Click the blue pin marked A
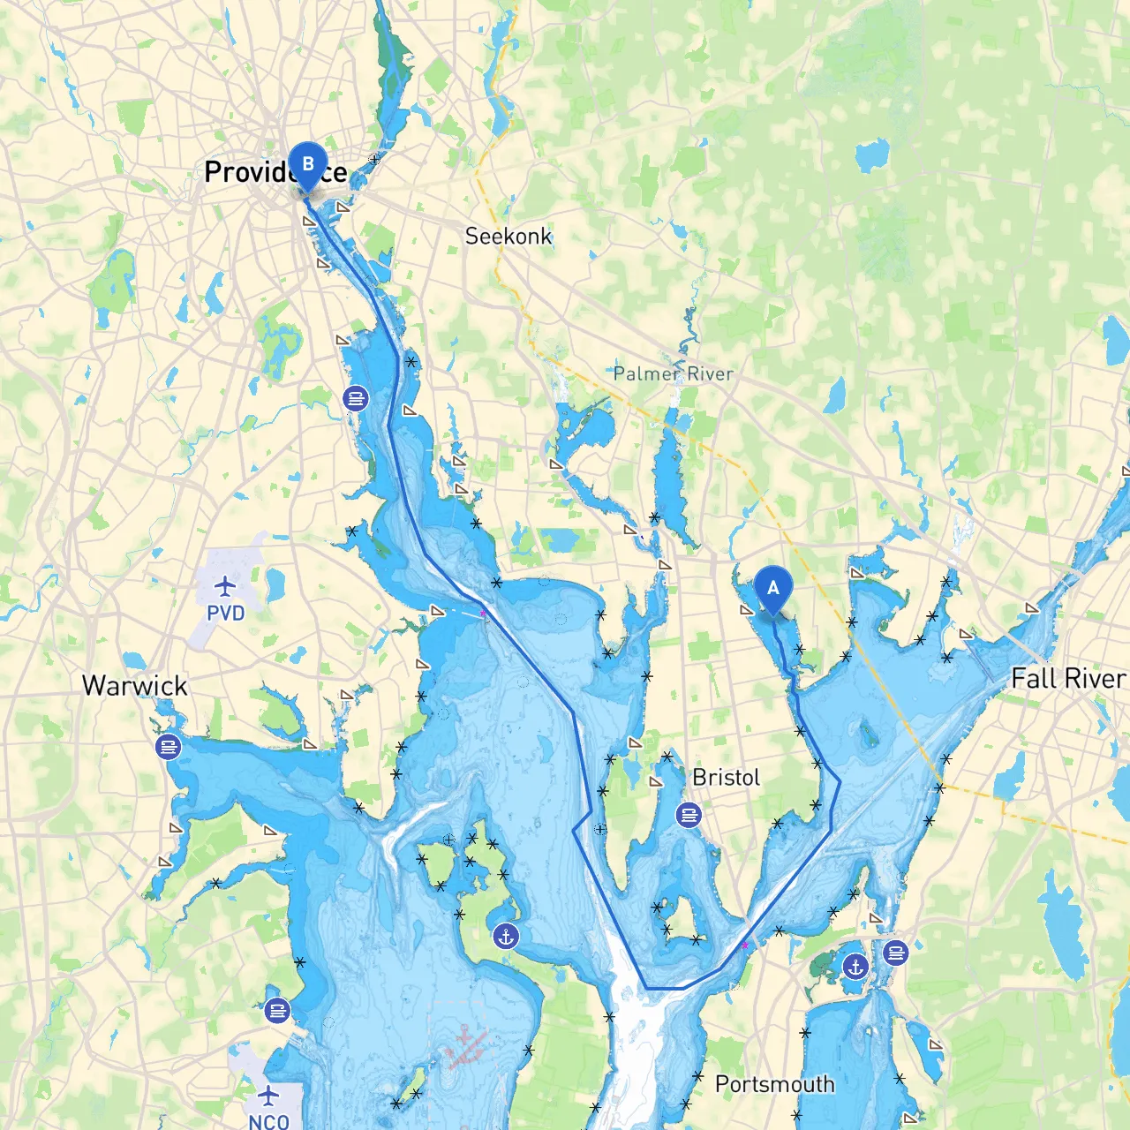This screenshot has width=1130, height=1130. (x=773, y=589)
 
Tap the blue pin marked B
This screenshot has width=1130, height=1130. (x=307, y=165)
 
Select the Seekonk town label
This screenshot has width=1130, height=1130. (x=508, y=236)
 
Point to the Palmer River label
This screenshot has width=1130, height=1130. (x=673, y=373)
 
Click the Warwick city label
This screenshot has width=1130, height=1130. (x=134, y=686)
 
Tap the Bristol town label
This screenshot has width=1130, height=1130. (x=726, y=778)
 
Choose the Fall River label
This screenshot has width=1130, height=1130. (x=1068, y=678)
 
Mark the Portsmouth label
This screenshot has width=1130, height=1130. (x=774, y=1084)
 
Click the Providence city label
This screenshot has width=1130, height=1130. (x=275, y=171)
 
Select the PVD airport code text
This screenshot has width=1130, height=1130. (x=225, y=614)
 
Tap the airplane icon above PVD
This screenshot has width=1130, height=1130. (x=226, y=585)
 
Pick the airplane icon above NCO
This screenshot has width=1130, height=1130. (x=268, y=1096)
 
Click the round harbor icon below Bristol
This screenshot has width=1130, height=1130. (x=689, y=815)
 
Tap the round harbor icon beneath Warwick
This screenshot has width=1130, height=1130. (x=168, y=748)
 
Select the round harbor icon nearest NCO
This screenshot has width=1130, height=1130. (x=277, y=1011)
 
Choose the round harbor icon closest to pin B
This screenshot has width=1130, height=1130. (x=356, y=399)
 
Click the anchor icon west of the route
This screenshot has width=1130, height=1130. (x=506, y=937)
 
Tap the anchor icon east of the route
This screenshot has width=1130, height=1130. (x=855, y=967)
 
